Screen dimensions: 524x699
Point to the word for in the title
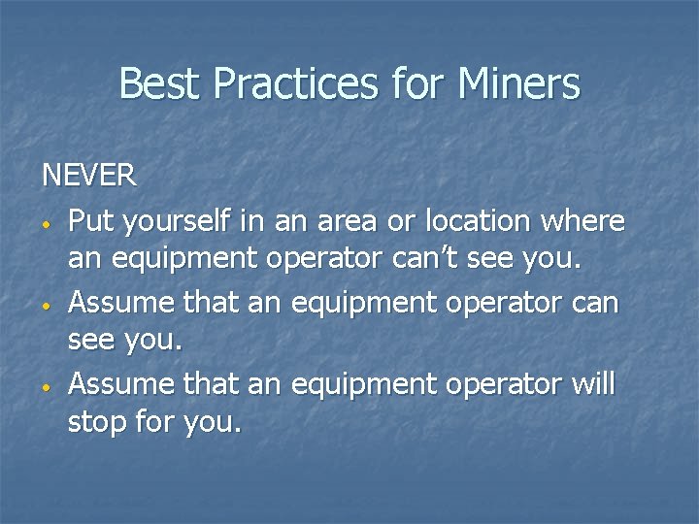coord(417,83)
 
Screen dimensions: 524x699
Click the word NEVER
coord(89,176)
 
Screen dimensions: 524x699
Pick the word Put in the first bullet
coord(89,221)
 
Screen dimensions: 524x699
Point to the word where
coord(583,221)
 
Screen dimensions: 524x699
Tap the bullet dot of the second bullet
coord(46,306)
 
